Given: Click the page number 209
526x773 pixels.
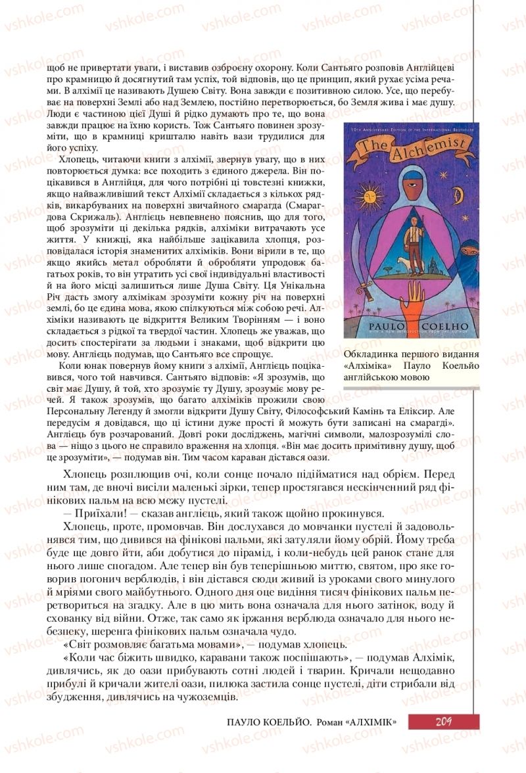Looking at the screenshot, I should pos(442,721).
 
